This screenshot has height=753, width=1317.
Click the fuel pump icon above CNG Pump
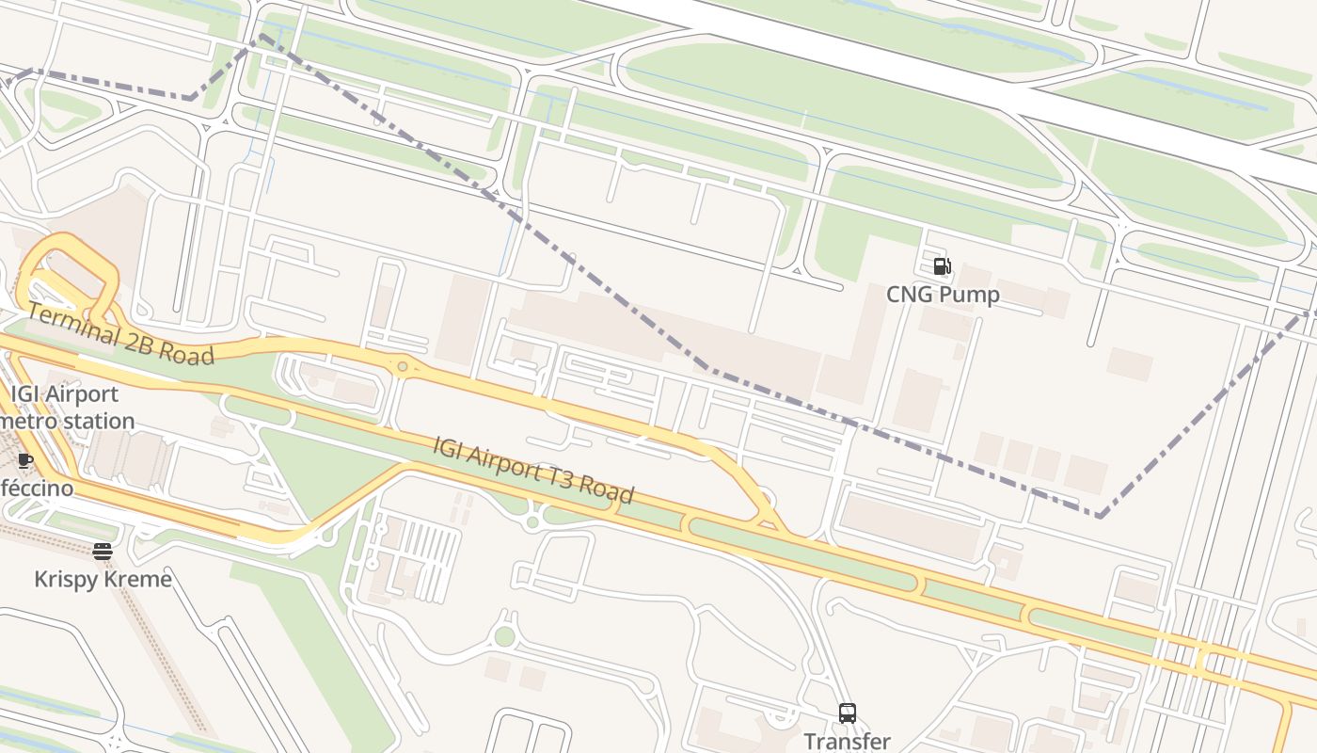tap(942, 266)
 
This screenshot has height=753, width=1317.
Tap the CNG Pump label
tap(943, 295)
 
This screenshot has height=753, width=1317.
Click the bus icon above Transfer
tap(848, 713)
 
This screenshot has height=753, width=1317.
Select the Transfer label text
tap(847, 742)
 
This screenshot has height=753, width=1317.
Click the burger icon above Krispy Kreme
tap(103, 552)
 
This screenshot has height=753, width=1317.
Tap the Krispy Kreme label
tap(103, 578)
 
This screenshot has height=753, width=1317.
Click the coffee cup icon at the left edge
tap(25, 461)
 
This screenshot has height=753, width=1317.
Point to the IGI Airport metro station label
tap(66, 408)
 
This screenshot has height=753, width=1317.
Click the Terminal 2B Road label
tap(120, 334)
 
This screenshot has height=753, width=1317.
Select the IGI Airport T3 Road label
tap(533, 470)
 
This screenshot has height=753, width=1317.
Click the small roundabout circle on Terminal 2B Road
tap(403, 366)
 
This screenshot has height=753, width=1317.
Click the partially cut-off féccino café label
tap(36, 489)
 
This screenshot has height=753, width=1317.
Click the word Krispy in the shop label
tap(67, 578)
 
